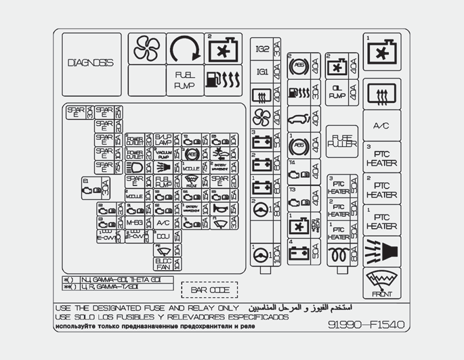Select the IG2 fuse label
point(262,49)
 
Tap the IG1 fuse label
point(262,71)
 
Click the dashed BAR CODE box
point(209,290)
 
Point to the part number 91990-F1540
point(366,325)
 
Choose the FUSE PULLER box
point(341,141)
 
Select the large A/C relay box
point(381,126)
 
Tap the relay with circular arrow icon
point(185,48)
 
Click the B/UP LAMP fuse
point(163,139)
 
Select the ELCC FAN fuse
point(163,263)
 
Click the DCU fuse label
point(162,237)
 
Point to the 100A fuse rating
point(276,254)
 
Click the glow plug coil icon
point(337,255)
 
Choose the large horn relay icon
point(382,251)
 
